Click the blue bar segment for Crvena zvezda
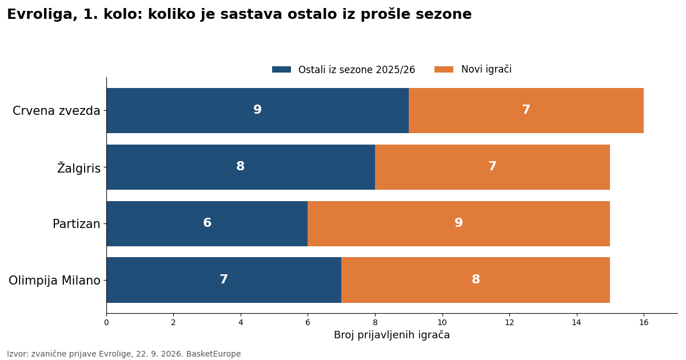tap(258, 110)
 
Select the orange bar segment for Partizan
tap(458, 224)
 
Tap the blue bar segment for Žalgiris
tap(241, 167)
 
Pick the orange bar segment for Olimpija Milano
tap(476, 280)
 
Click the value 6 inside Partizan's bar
tap(208, 222)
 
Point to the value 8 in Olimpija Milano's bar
tap(476, 279)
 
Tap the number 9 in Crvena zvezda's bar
tap(258, 109)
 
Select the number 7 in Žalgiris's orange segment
tap(492, 166)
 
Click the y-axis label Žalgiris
tap(79, 168)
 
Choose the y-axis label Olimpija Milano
tap(54, 281)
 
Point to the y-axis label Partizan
tap(77, 224)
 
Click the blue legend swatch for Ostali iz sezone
tap(281, 70)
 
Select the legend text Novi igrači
tap(486, 69)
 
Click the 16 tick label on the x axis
tap(644, 322)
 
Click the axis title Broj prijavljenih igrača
tap(392, 335)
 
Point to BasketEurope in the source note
tap(213, 354)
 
